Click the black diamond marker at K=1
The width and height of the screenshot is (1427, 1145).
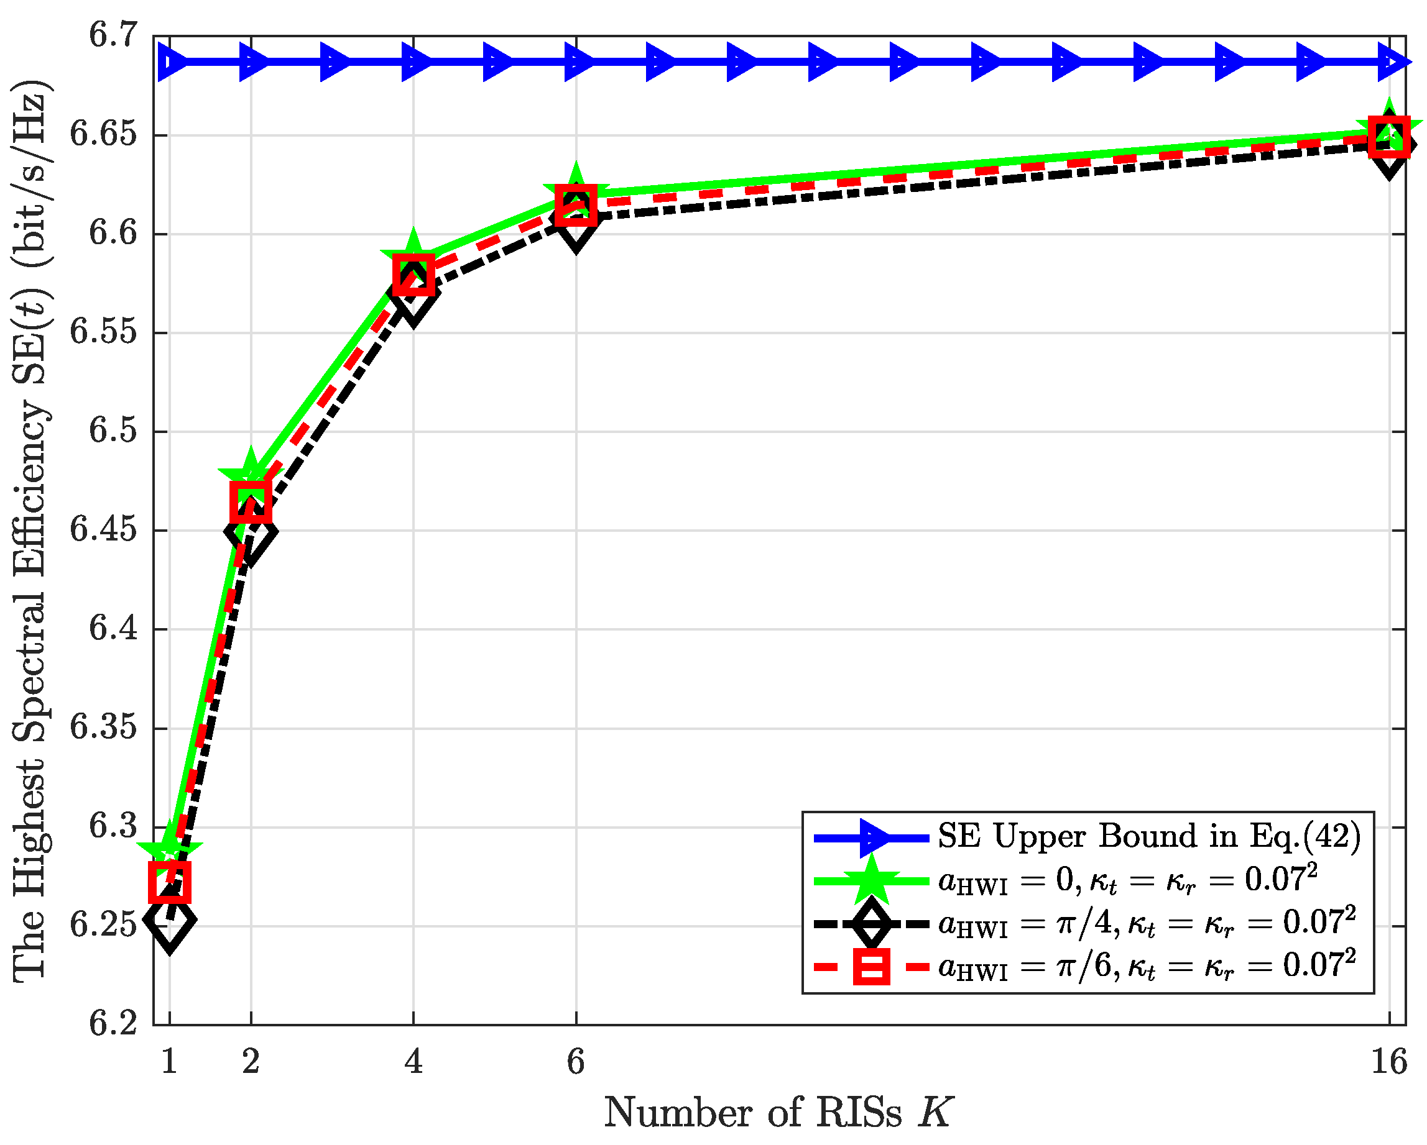click(x=170, y=919)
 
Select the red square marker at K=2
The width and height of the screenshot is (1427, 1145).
click(x=251, y=502)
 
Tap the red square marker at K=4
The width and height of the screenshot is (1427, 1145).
click(x=413, y=275)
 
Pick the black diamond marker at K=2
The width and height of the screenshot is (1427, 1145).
click(x=251, y=531)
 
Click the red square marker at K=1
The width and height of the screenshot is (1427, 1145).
click(x=170, y=882)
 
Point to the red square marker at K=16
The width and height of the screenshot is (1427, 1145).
click(x=1388, y=137)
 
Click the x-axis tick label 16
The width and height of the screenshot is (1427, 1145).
click(x=1388, y=1062)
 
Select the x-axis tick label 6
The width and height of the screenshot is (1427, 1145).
click(x=576, y=1062)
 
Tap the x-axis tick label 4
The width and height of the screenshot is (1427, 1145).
click(x=413, y=1062)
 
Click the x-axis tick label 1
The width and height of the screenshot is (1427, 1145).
click(x=170, y=1062)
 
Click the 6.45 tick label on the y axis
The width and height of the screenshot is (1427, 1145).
click(x=104, y=531)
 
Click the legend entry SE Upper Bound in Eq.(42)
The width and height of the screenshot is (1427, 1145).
click(x=1149, y=837)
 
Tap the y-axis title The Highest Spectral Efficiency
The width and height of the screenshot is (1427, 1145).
click(x=30, y=529)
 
